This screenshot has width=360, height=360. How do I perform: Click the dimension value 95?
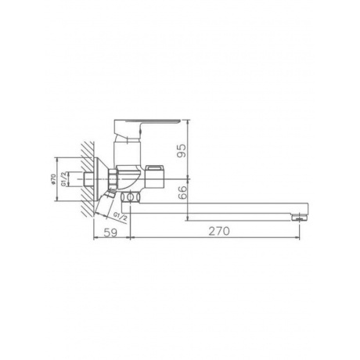click(x=182, y=150)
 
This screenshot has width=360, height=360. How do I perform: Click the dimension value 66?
click(x=183, y=192)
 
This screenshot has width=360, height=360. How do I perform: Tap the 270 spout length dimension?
click(x=219, y=231)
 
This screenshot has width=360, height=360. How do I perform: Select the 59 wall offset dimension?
click(x=110, y=232)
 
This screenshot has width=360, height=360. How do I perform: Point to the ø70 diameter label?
click(x=53, y=179)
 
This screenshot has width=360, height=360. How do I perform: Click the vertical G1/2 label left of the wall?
click(x=63, y=179)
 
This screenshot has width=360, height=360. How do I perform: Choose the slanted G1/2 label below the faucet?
click(x=120, y=216)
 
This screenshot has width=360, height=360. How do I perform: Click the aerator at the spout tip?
click(x=300, y=218)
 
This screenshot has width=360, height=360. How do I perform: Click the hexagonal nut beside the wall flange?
click(x=113, y=178)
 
